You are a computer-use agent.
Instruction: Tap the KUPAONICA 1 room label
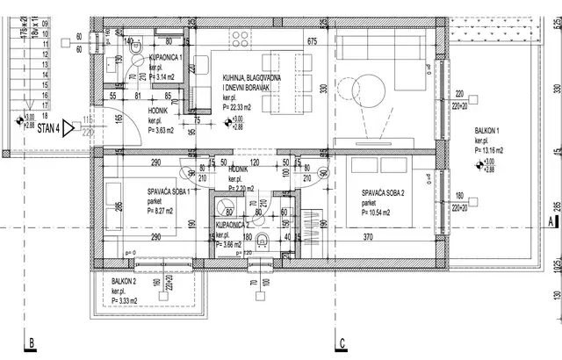coord(165,57)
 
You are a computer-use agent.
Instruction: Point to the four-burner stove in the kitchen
coord(240,38)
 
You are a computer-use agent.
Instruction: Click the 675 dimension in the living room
coord(311,41)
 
